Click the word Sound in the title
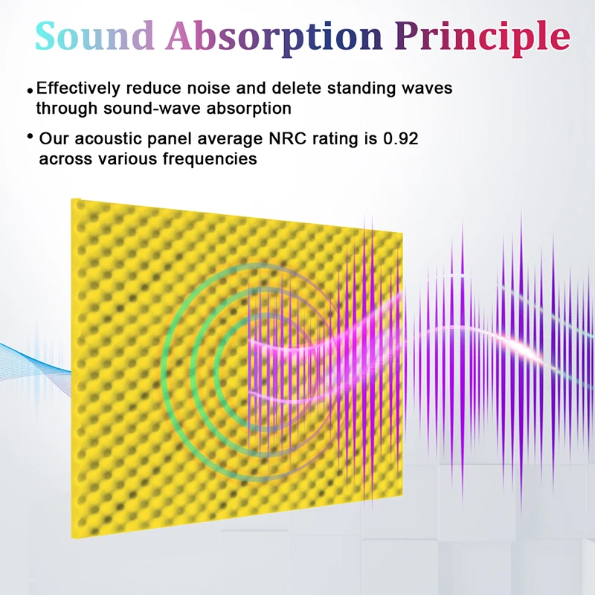[x=95, y=35]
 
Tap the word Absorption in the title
[x=274, y=38]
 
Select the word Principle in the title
[x=483, y=38]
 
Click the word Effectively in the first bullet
[x=78, y=89]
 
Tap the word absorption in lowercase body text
[x=249, y=109]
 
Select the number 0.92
[x=401, y=138]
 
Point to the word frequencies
[x=210, y=159]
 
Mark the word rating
[x=335, y=139]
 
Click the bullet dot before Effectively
[x=30, y=91]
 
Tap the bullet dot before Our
[x=30, y=136]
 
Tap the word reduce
[x=154, y=89]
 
